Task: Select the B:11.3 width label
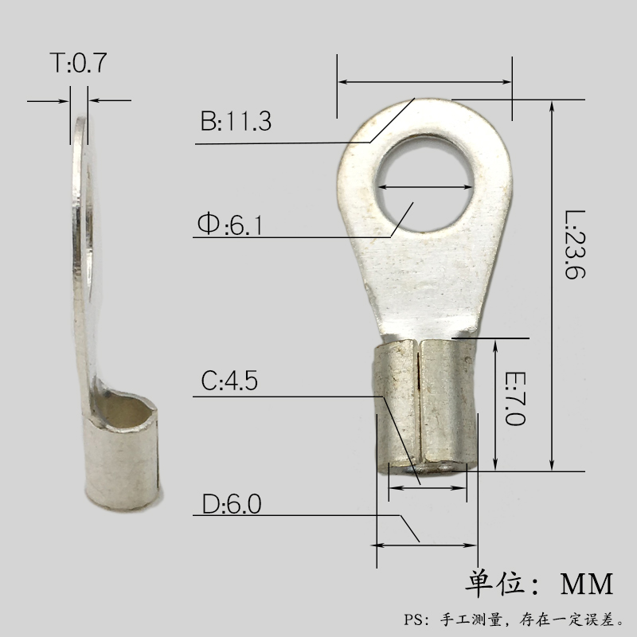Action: coord(236,122)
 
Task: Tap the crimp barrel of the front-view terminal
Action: coord(425,406)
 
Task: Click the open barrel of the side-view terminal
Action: coord(124,410)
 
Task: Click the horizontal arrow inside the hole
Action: coord(424,186)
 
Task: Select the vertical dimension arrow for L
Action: coord(551,287)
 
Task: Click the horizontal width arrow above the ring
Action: coord(424,81)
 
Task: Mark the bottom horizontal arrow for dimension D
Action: coord(424,545)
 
